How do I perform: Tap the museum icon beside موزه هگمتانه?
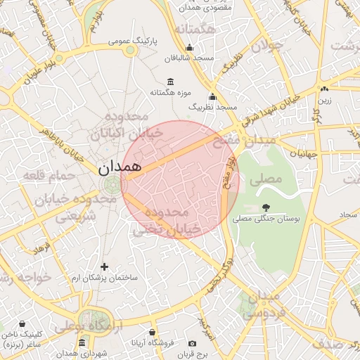[171, 82]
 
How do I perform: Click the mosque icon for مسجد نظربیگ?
[212, 97]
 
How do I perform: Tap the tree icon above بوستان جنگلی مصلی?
[266, 207]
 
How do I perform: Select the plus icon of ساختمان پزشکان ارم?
[104, 266]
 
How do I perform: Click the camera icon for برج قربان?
[193, 343]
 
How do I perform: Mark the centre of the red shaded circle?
[181, 179]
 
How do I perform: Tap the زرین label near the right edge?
[323, 101]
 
